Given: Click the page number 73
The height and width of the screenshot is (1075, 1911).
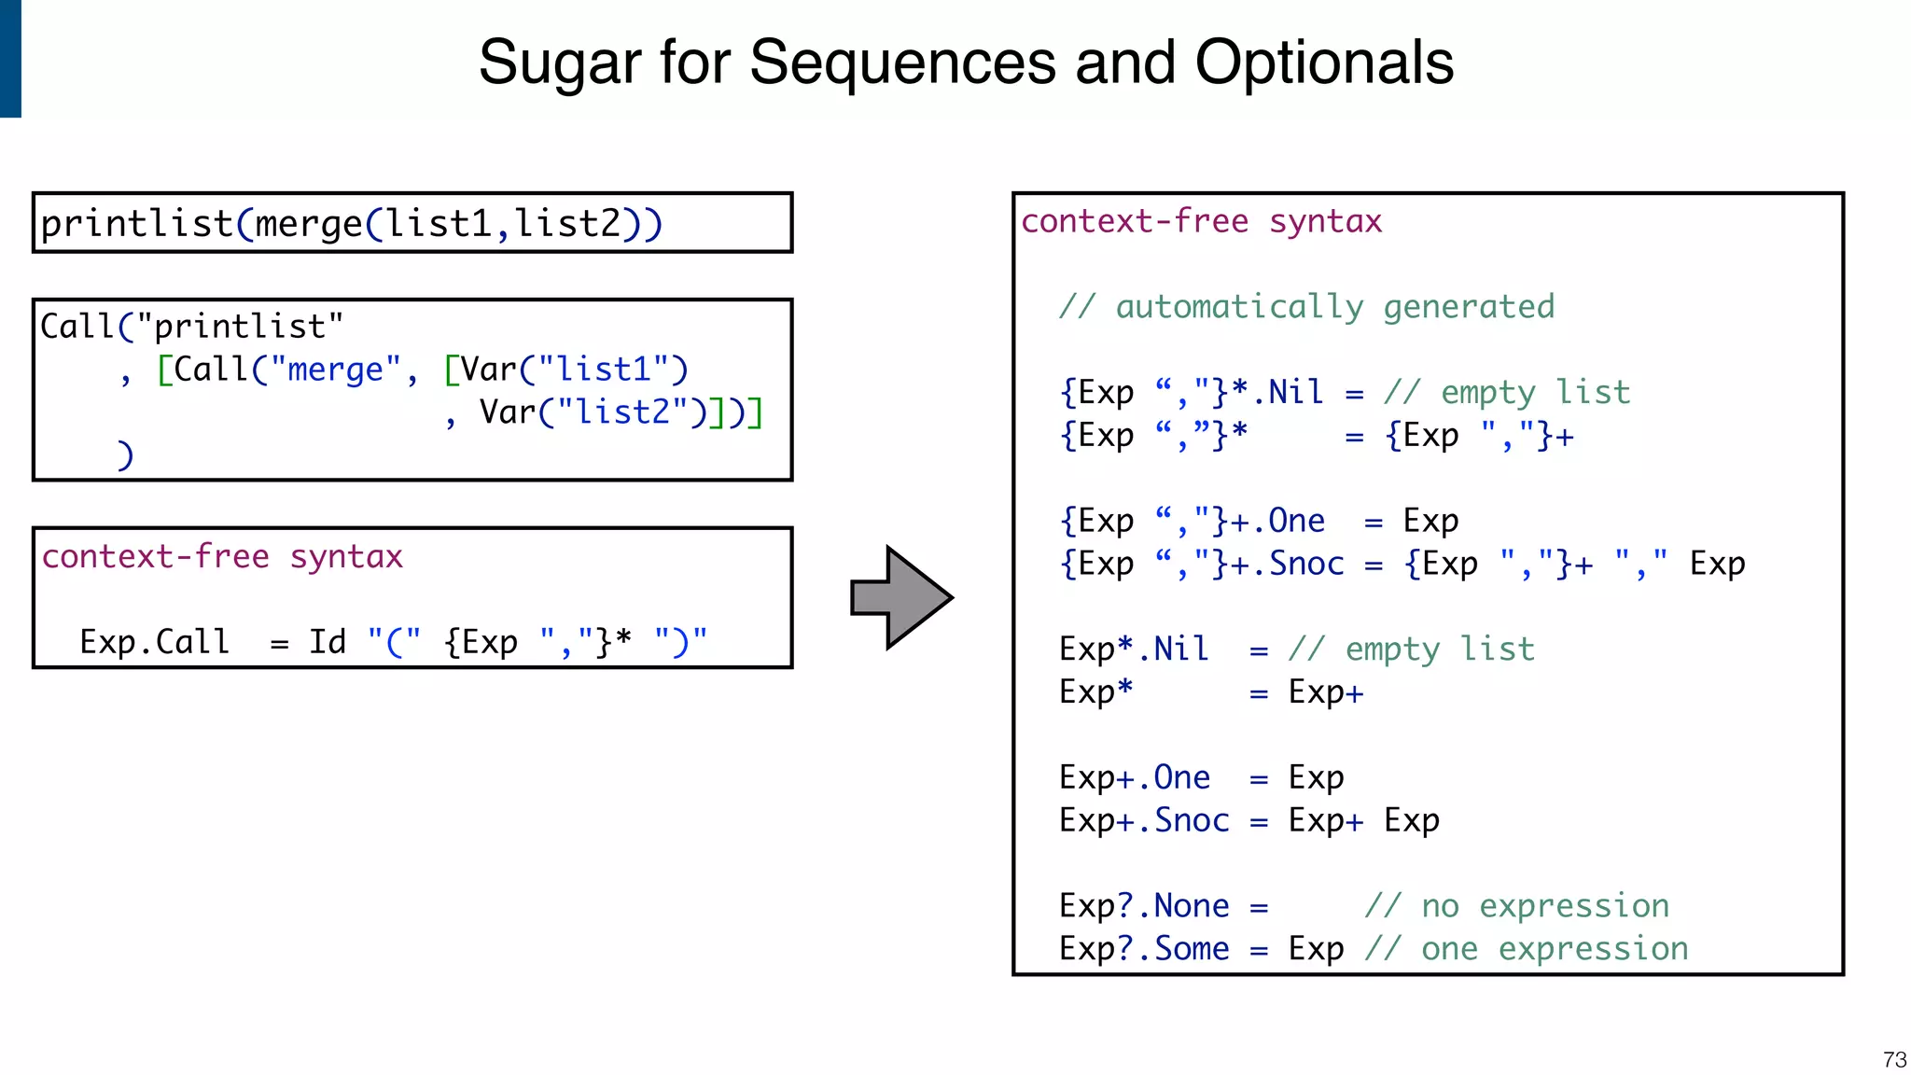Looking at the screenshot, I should pyautogui.click(x=1894, y=1059).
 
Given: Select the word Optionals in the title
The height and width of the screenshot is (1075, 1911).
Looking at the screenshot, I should pyautogui.click(x=1324, y=63).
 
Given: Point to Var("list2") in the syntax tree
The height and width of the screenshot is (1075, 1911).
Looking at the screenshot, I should pyautogui.click(x=593, y=412).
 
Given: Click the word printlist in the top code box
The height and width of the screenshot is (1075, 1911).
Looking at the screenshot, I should pyautogui.click(x=136, y=224).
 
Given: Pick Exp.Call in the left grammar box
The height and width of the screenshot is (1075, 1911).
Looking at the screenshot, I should pyautogui.click(x=154, y=642).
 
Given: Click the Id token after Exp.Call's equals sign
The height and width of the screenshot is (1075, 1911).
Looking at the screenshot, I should pyautogui.click(x=328, y=642).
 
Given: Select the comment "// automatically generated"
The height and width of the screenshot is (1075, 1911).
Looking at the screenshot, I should pyautogui.click(x=1306, y=307).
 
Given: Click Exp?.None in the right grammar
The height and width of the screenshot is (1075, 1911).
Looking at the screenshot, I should pyautogui.click(x=1144, y=906).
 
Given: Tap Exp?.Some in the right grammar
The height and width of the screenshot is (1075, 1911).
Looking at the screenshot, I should pyautogui.click(x=1144, y=949).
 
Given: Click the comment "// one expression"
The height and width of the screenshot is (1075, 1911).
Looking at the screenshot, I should pyautogui.click(x=1527, y=949).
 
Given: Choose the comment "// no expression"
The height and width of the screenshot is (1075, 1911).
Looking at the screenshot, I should pyautogui.click(x=1517, y=906).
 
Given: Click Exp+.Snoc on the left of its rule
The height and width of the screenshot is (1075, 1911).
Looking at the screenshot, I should pyautogui.click(x=1144, y=820).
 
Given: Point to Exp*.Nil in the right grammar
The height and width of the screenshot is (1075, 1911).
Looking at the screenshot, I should pyautogui.click(x=1134, y=649).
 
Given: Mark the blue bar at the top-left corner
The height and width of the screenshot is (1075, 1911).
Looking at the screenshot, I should pyautogui.click(x=10, y=58).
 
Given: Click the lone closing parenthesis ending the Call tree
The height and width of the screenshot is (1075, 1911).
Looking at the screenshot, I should pyautogui.click(x=125, y=455).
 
